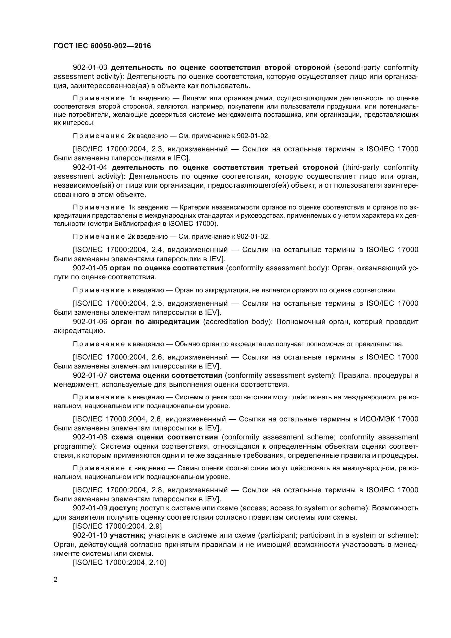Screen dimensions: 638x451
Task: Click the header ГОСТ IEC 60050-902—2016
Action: (102, 46)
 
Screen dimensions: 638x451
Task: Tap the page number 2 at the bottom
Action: (56, 580)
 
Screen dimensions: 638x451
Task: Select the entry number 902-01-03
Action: (90, 68)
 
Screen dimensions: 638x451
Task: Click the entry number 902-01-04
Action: (90, 167)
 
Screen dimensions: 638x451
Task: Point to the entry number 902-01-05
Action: (90, 268)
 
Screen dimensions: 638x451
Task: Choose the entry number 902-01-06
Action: (90, 322)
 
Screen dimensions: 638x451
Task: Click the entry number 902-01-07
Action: (90, 375)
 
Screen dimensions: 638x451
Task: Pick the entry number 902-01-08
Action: (90, 437)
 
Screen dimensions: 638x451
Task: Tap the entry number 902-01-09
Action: (90, 508)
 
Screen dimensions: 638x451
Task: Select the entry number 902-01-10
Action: (90, 535)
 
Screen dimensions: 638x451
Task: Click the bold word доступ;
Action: (124, 508)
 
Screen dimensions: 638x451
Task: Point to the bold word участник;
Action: (128, 535)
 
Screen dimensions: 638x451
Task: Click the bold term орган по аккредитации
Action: (155, 322)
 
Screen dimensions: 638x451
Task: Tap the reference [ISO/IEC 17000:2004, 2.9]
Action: (117, 526)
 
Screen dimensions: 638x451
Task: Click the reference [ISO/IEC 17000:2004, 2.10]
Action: (119, 563)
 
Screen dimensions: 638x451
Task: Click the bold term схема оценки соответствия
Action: (164, 437)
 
